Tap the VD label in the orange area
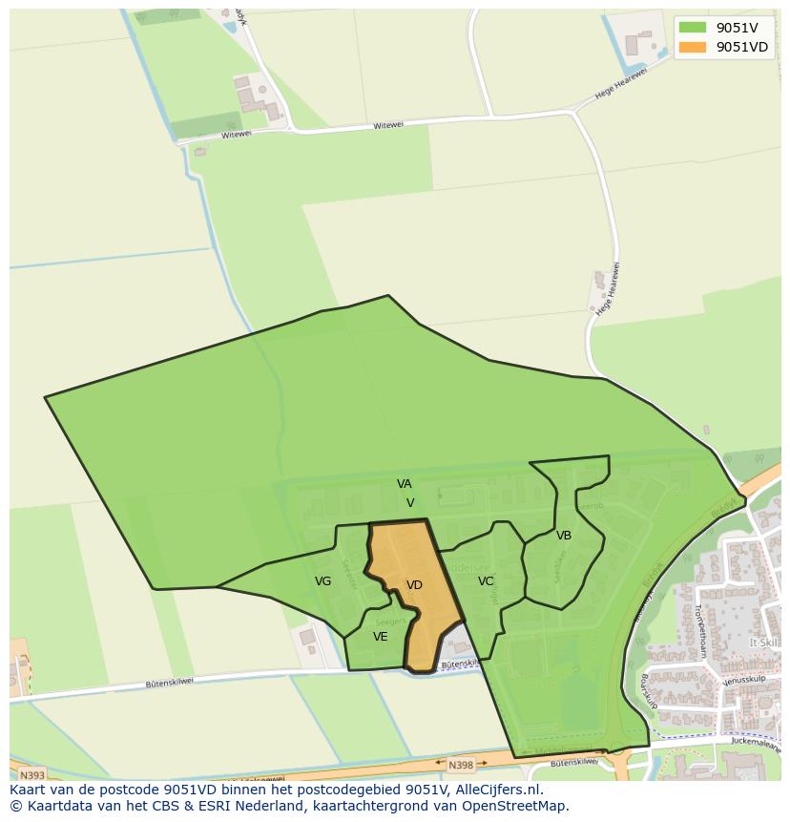click(x=414, y=585)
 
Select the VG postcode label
click(x=323, y=581)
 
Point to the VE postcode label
click(x=381, y=637)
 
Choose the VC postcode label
click(x=486, y=581)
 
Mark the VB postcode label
click(x=564, y=536)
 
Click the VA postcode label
click(x=405, y=484)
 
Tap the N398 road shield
click(x=461, y=765)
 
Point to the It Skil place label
click(x=763, y=643)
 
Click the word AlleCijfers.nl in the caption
click(x=497, y=790)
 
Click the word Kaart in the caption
click(x=30, y=790)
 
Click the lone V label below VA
click(x=410, y=503)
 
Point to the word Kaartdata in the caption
click(x=58, y=806)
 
